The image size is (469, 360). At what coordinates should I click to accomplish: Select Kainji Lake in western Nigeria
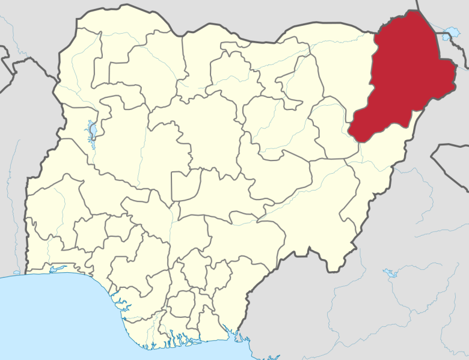point(92,130)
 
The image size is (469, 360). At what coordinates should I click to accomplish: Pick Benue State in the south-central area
point(234,228)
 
